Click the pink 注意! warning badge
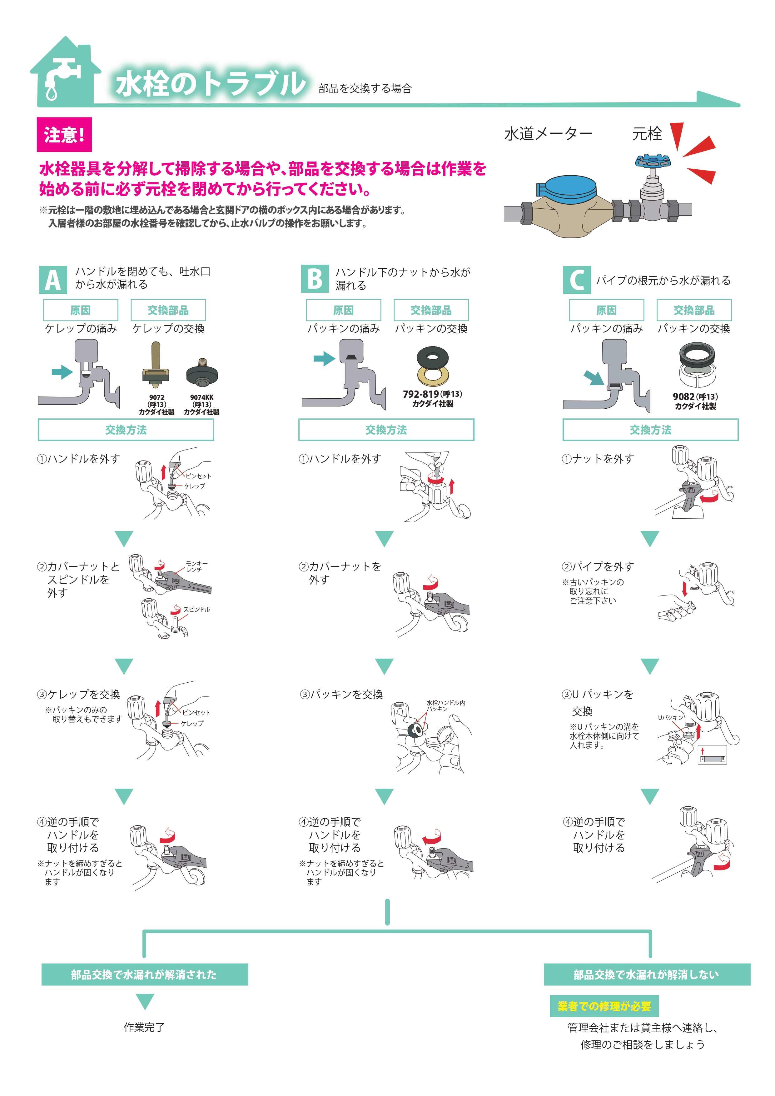64,135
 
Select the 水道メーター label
548,134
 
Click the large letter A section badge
53,280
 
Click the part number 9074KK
202,397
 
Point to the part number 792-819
420,394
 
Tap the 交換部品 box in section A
168,310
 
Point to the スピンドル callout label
196,610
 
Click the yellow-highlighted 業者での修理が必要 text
604,1006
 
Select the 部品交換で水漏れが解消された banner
145,974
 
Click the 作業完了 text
144,1027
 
